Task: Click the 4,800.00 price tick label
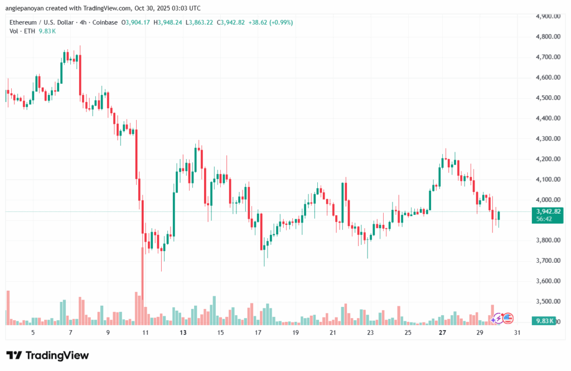548,37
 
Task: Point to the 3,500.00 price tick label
548,301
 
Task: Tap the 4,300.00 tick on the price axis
548,139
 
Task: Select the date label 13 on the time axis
183,333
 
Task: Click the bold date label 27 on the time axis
442,333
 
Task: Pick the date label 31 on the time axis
517,333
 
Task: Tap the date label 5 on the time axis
33,333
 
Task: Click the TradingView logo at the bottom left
47,355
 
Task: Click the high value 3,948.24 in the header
174,22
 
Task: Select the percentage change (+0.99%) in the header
280,22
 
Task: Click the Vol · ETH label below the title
22,31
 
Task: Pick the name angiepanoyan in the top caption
31,8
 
